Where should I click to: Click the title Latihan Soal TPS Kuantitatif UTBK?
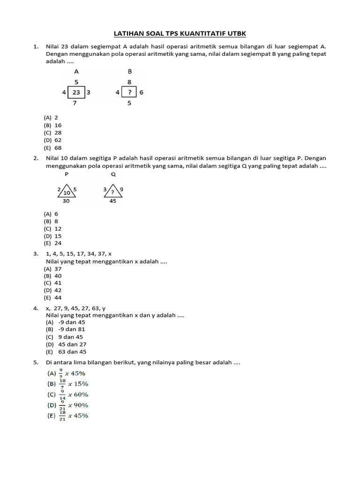tap(180, 34)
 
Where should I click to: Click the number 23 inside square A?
tap(76, 92)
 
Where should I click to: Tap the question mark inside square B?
tap(129, 92)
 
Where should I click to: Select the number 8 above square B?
tap(129, 82)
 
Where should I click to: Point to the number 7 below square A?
tap(75, 103)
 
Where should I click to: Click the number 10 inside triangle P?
tap(67, 192)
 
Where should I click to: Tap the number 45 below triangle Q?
tap(112, 201)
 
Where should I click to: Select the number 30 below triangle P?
tap(66, 201)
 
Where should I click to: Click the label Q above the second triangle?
tap(113, 174)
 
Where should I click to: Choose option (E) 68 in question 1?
tap(53, 147)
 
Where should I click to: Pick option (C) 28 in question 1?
tap(53, 133)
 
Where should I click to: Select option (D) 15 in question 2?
tap(53, 236)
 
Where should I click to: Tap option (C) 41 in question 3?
tap(53, 283)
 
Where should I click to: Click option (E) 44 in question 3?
tap(53, 298)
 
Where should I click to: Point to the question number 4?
tap(35, 308)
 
